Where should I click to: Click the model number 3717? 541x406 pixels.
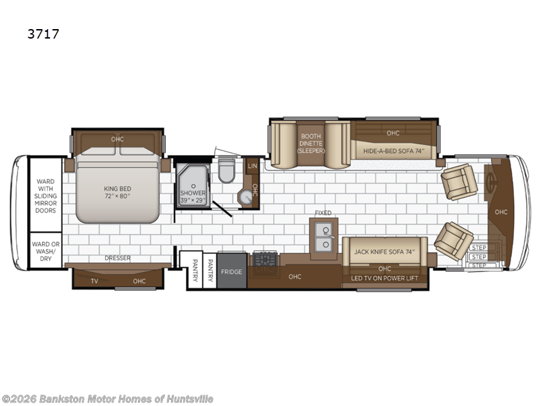[x=43, y=34]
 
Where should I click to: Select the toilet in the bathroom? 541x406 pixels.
[x=227, y=171]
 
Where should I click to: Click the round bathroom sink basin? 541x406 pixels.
[x=247, y=198]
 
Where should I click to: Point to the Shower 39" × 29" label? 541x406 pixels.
[x=193, y=196]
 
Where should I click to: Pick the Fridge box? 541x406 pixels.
[x=231, y=271]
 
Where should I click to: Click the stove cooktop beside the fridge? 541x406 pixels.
[x=265, y=264]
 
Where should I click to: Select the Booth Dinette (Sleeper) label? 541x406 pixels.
[x=311, y=143]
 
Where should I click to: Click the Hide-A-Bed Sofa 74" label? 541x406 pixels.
[x=394, y=151]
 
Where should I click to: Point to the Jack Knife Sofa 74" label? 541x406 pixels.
[x=384, y=252]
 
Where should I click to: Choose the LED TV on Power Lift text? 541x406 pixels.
[x=384, y=278]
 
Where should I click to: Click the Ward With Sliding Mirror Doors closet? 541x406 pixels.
[x=45, y=195]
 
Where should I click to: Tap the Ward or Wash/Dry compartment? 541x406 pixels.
[x=45, y=250]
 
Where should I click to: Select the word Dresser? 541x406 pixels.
[x=118, y=258]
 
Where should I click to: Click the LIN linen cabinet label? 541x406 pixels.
[x=252, y=166]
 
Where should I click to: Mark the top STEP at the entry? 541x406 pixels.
[x=479, y=248]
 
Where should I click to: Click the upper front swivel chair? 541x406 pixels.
[x=459, y=181]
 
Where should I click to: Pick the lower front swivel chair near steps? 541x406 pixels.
[x=453, y=241]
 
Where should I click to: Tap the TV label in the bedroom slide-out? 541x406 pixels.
[x=94, y=281]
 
